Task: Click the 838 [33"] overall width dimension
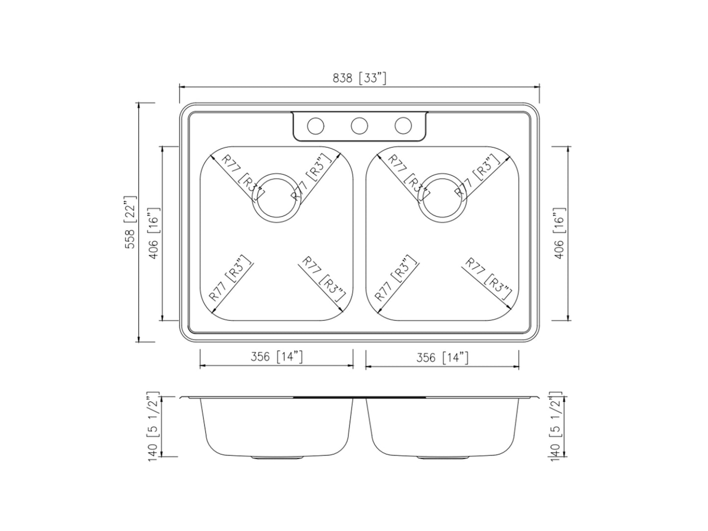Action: tap(359, 78)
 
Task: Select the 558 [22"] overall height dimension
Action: tap(130, 222)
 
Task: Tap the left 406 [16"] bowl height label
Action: tap(153, 233)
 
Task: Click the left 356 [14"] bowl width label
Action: tap(276, 357)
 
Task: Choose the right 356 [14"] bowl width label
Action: tap(442, 358)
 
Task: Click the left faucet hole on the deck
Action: tap(315, 126)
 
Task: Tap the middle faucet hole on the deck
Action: tap(359, 126)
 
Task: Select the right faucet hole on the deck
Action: tap(403, 126)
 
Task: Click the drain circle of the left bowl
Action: tap(276, 197)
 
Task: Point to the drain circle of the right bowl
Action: tap(441, 197)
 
